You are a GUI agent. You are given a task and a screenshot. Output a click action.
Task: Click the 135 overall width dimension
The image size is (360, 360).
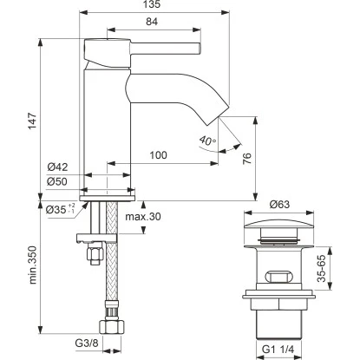click(152, 4)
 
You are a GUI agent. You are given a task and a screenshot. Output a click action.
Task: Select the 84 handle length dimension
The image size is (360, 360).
click(152, 22)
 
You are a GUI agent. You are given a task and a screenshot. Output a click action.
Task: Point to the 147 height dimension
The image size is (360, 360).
click(32, 121)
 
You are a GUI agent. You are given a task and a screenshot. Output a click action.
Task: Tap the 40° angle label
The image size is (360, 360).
click(207, 141)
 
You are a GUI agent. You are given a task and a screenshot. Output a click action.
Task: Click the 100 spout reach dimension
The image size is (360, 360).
click(158, 155)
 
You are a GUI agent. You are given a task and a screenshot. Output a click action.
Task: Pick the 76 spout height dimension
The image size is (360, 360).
click(247, 159)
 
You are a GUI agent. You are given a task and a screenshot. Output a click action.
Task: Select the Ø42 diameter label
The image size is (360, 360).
click(57, 167)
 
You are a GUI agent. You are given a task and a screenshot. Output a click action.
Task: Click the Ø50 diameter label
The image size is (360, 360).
click(57, 181)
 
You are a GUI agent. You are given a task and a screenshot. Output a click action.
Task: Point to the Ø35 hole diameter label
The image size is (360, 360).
click(61, 209)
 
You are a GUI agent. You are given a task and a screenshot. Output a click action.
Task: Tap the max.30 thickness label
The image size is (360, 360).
click(143, 216)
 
